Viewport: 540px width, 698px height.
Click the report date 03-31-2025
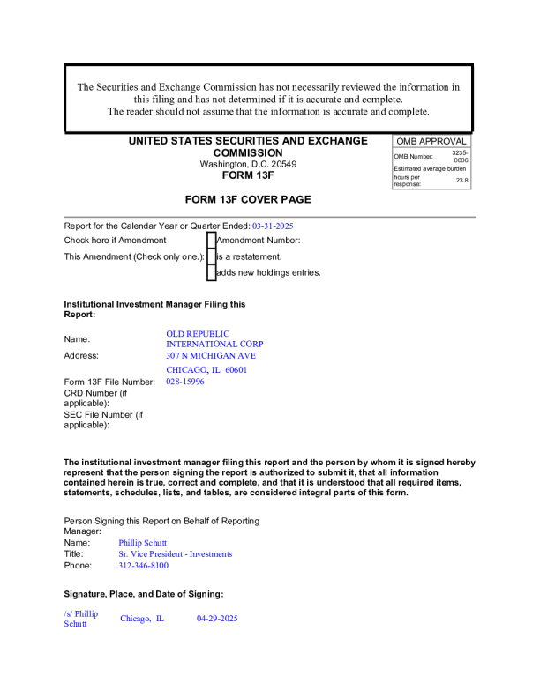tap(273, 226)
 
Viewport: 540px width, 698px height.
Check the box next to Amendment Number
tap(212, 240)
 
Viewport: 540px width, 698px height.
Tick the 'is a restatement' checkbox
tap(212, 256)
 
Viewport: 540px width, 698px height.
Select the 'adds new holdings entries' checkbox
tap(212, 272)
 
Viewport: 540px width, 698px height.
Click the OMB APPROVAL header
tap(431, 141)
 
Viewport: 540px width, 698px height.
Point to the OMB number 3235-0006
tap(460, 156)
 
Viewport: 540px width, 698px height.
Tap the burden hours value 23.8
tap(461, 180)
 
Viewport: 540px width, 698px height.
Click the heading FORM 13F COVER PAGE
tap(248, 199)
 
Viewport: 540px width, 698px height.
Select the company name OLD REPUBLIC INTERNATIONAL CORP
tap(214, 338)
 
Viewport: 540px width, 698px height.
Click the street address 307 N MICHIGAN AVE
tap(211, 355)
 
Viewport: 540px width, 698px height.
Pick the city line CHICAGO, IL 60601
tap(206, 369)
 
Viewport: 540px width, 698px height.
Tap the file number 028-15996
tap(185, 382)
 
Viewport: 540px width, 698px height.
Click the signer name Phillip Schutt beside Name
tap(143, 543)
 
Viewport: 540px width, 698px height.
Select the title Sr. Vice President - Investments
tap(176, 554)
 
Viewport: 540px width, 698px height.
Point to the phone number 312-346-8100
tap(144, 566)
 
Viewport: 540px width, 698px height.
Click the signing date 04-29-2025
tap(217, 619)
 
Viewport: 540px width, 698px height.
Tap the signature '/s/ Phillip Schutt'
tap(80, 619)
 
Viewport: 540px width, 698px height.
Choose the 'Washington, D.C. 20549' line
tap(248, 164)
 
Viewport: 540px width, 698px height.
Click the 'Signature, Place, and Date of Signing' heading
tap(144, 594)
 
